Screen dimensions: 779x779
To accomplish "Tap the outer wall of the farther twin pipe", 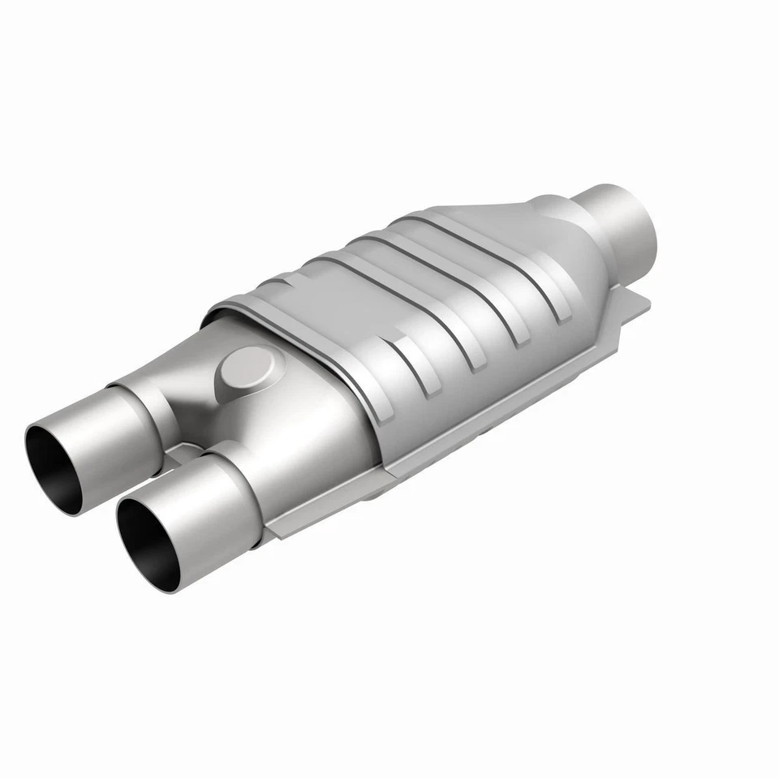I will [x=105, y=422].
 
